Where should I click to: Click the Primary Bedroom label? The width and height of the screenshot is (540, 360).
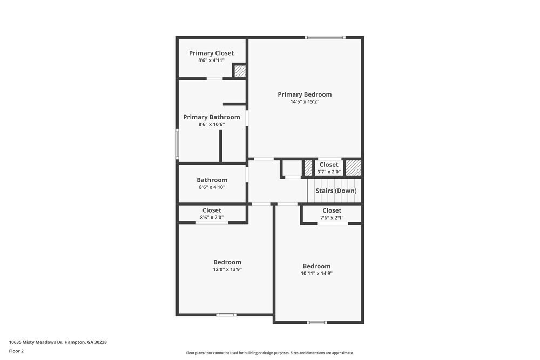[x=305, y=94]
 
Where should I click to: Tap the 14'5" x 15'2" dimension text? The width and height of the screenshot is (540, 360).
[x=305, y=102]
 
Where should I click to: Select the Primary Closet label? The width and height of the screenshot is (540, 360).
[x=211, y=53]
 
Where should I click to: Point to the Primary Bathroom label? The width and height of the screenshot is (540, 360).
[x=211, y=117]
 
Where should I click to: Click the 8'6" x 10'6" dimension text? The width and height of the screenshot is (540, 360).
[x=211, y=125]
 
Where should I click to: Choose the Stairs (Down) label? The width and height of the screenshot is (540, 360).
[x=336, y=191]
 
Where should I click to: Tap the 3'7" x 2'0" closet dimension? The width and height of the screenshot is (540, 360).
[x=329, y=172]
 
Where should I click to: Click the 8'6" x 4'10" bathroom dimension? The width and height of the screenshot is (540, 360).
[x=212, y=187]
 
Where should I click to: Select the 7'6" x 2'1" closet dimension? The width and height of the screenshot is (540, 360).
[x=332, y=218]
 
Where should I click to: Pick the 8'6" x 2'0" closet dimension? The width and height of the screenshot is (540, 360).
[x=212, y=218]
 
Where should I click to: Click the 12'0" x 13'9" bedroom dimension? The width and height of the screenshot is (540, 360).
[x=227, y=269]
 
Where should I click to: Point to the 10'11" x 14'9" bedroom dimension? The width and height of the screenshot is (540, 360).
[x=316, y=273]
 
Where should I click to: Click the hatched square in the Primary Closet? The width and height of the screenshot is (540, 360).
[x=240, y=71]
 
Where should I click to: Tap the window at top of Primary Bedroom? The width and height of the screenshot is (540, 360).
[x=325, y=37]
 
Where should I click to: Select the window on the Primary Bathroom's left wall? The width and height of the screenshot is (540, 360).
[x=177, y=144]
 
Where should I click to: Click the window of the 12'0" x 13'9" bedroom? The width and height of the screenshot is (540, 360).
[x=226, y=315]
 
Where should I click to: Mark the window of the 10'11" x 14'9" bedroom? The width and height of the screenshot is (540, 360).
[x=317, y=322]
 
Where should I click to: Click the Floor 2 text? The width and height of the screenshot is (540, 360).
[x=16, y=351]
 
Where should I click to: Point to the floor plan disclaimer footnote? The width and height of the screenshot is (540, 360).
[x=270, y=353]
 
